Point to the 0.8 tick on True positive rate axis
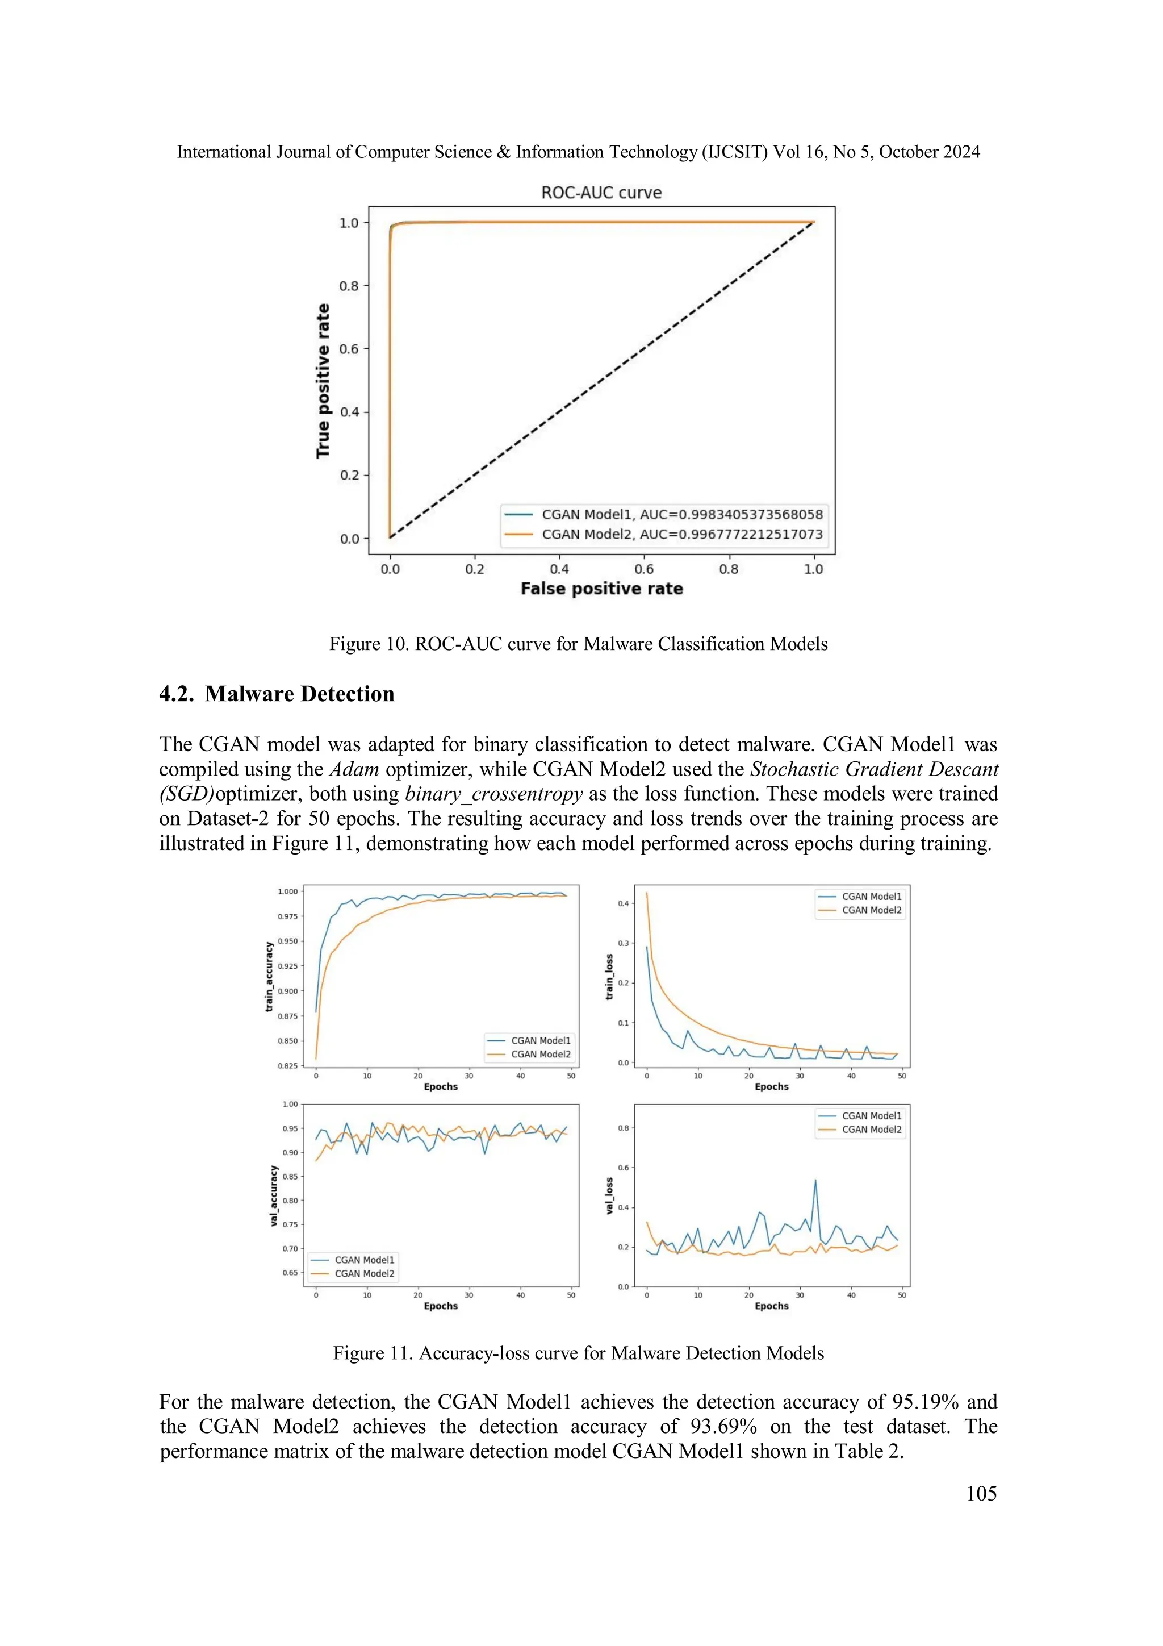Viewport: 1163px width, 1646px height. click(x=349, y=286)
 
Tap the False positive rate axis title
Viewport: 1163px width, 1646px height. click(x=601, y=589)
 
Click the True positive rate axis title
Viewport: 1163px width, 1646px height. click(x=323, y=381)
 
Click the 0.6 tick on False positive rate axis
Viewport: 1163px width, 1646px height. click(x=643, y=569)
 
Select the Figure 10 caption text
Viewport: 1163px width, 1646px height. click(x=578, y=644)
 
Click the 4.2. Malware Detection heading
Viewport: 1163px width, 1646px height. click(x=277, y=694)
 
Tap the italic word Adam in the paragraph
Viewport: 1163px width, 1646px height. click(x=353, y=769)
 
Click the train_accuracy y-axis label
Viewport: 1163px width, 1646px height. click(x=269, y=977)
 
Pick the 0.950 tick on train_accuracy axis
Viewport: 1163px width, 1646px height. click(x=287, y=941)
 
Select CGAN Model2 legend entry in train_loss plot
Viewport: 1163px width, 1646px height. click(x=871, y=910)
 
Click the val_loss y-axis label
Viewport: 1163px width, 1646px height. click(x=610, y=1195)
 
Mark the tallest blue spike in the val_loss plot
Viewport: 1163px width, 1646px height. click(x=815, y=1181)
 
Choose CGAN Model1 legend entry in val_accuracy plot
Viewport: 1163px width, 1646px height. click(x=364, y=1260)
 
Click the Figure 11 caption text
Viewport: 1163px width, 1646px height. click(x=578, y=1353)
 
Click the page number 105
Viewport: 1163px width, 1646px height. click(x=980, y=1487)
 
